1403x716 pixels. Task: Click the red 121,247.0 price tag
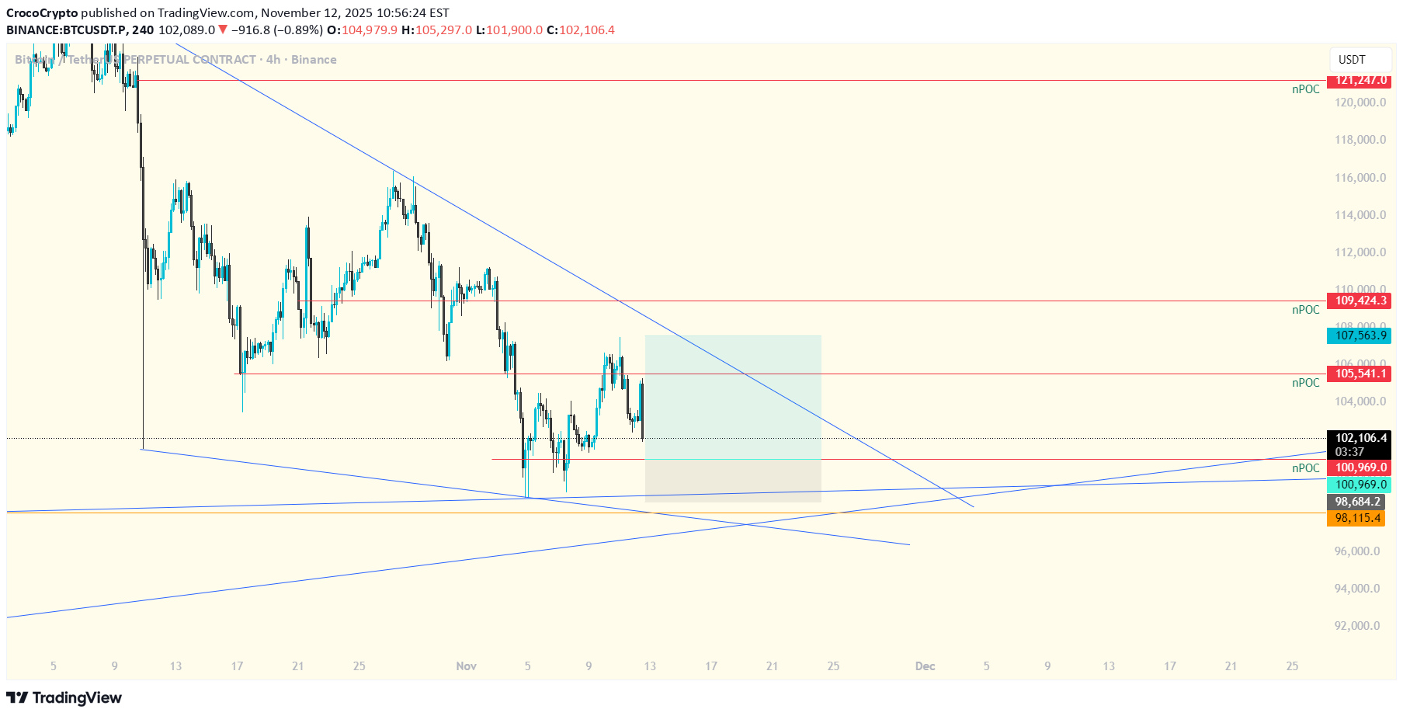(1358, 81)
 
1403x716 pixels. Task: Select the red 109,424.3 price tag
(1358, 301)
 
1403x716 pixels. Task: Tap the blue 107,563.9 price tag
(1358, 335)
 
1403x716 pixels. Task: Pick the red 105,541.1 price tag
(1358, 374)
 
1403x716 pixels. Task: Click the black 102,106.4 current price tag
(1358, 438)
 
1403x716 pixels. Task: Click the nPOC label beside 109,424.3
(1305, 310)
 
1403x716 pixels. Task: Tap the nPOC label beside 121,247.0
(1305, 89)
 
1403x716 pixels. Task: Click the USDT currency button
(1352, 60)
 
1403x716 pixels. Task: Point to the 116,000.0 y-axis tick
(1360, 178)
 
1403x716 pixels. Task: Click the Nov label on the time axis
(466, 666)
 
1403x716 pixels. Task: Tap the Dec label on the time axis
(925, 666)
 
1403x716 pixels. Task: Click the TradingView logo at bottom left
(64, 697)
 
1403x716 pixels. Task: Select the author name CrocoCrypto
(42, 13)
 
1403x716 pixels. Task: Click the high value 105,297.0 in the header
(443, 30)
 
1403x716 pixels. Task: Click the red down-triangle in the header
(223, 30)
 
